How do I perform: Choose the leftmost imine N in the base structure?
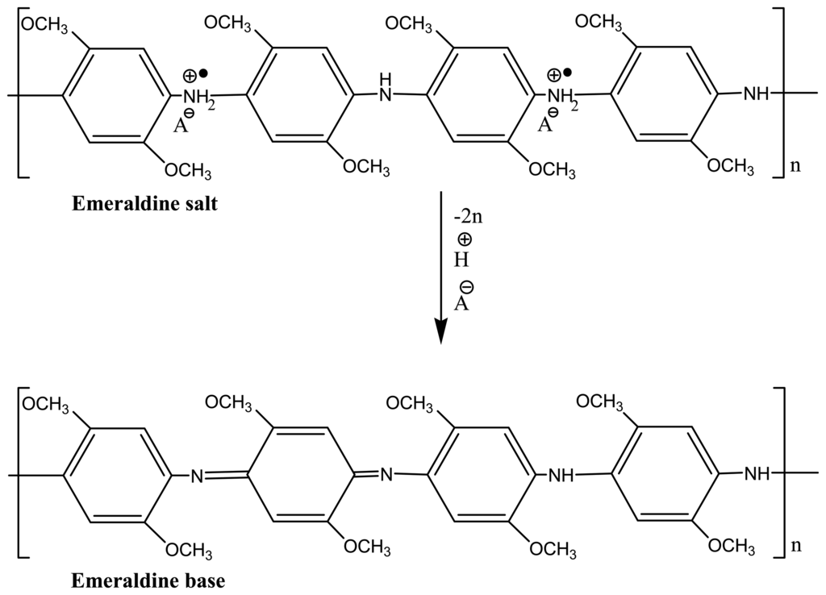(195, 476)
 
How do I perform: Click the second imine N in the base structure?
(386, 475)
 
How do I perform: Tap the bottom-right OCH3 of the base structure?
(731, 547)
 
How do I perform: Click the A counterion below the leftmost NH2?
(181, 124)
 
